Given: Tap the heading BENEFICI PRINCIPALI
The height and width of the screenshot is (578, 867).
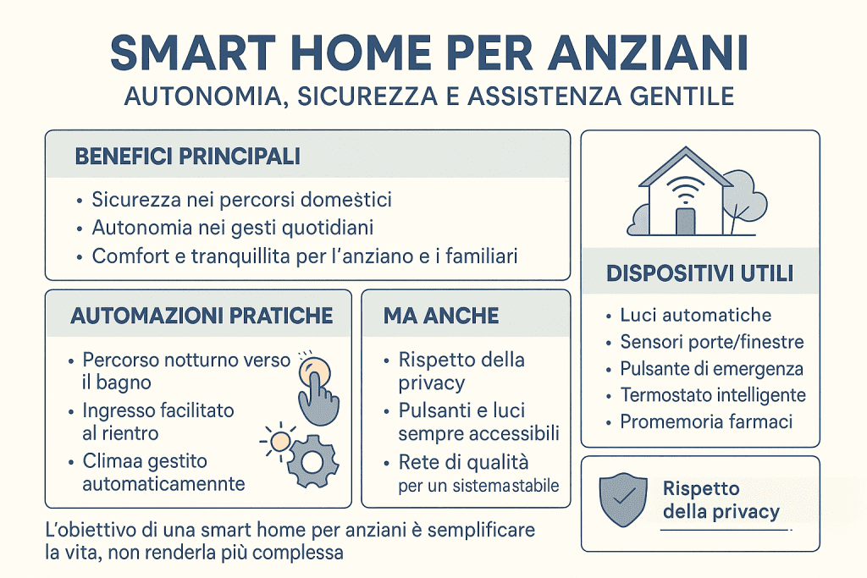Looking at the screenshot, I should tap(187, 157).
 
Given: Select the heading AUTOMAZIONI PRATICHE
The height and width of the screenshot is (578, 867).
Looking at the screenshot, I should tap(202, 316).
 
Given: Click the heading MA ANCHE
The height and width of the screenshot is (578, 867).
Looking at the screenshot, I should tap(441, 316).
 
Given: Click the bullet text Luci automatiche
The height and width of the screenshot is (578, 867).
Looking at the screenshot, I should tap(695, 316).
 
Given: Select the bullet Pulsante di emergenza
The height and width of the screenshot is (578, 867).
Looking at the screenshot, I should tap(711, 369).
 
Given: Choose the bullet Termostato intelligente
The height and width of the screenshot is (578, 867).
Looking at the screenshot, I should tap(713, 395).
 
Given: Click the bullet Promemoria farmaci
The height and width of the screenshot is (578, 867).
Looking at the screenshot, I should tap(706, 421).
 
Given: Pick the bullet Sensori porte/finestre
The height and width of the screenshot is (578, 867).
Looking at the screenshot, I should tap(711, 343).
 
